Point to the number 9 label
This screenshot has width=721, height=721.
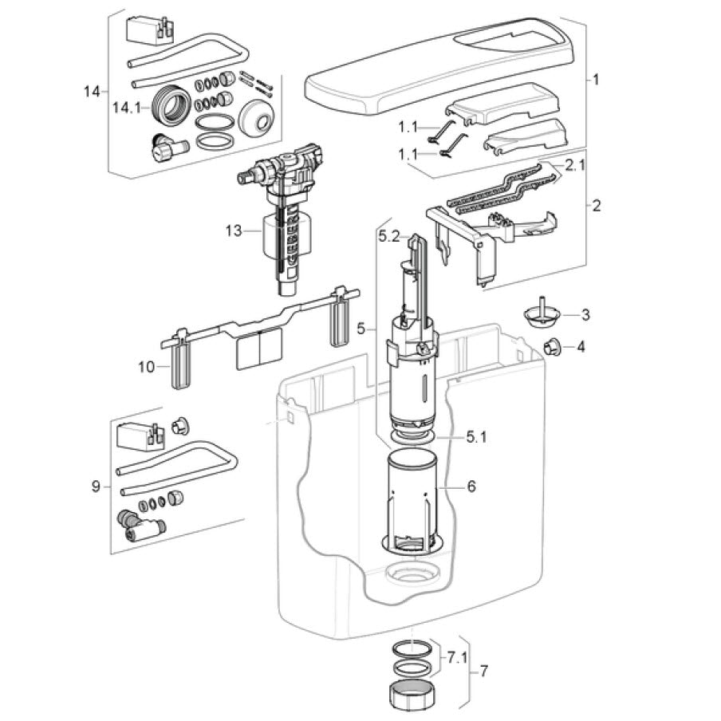coord(96,486)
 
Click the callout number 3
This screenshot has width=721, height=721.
coord(585,315)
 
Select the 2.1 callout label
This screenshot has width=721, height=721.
coord(575,166)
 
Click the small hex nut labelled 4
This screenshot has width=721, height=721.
coord(550,346)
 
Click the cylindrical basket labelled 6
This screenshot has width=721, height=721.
coord(413,498)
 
